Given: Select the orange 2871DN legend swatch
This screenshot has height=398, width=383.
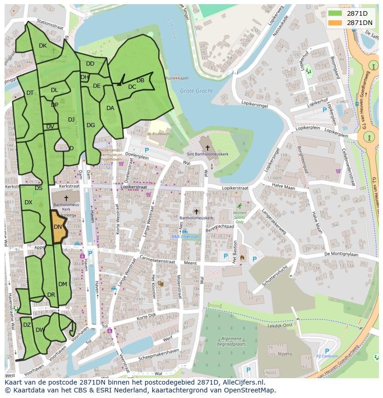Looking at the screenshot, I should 335,23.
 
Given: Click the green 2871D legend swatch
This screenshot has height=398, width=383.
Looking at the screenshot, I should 335,13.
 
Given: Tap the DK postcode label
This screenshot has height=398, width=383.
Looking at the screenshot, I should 43,46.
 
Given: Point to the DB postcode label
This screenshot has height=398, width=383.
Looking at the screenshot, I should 140,80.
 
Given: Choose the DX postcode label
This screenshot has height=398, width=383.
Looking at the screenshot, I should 28,202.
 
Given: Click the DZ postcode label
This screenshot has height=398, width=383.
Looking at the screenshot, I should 27,325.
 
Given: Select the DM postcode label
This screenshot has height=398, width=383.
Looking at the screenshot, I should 62,284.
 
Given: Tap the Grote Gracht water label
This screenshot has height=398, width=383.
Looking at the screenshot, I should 196,91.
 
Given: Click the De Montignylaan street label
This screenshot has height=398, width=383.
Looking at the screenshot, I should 341,254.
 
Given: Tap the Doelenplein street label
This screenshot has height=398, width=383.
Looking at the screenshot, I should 137,157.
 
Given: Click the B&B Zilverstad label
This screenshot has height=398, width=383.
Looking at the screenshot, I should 185,236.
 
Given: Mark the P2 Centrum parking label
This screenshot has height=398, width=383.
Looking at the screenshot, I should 327,356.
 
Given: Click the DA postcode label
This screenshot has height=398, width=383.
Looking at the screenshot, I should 110,108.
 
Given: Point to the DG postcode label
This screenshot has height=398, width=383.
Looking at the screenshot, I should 91,125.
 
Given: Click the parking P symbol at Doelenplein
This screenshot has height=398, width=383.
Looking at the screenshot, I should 147,150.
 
